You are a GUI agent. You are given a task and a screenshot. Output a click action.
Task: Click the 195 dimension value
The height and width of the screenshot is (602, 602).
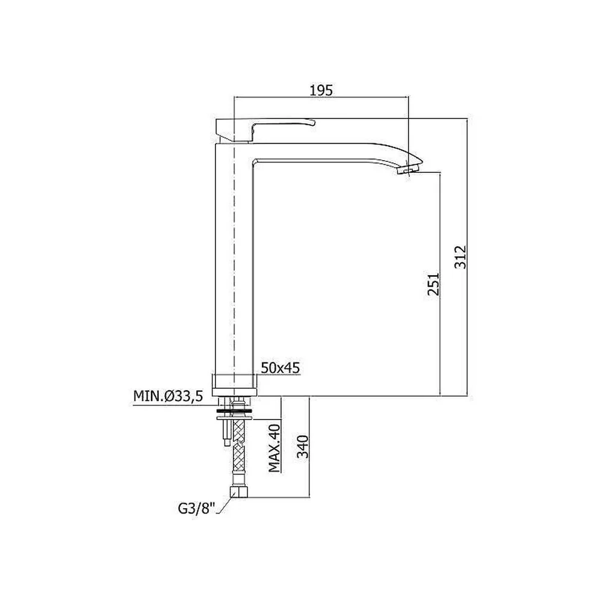(321, 90)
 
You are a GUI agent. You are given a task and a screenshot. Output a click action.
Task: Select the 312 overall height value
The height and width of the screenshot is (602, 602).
(460, 257)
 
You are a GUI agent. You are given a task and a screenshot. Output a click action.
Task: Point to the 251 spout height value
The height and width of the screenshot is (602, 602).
(433, 284)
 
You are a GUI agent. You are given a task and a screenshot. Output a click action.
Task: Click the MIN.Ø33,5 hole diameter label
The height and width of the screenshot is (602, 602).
(168, 396)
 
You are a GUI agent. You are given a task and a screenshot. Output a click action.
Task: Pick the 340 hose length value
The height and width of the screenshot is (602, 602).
(303, 447)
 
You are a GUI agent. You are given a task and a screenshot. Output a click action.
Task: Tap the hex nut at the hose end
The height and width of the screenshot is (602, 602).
(238, 492)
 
